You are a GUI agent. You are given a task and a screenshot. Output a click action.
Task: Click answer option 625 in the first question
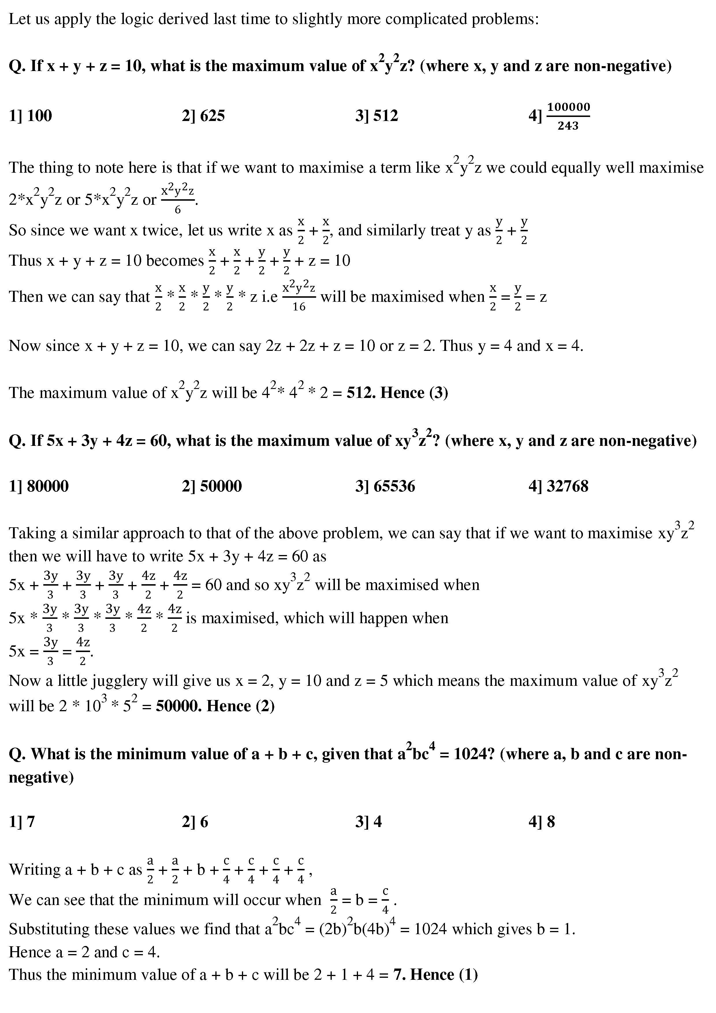(204, 116)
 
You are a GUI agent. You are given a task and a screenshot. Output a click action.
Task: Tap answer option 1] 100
(30, 116)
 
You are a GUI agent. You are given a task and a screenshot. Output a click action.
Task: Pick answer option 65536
(385, 486)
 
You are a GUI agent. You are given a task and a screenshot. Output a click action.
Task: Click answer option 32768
(558, 486)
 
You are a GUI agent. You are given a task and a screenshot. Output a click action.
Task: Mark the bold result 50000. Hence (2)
(215, 706)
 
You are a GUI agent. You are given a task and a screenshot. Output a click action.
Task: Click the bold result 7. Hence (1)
(435, 975)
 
